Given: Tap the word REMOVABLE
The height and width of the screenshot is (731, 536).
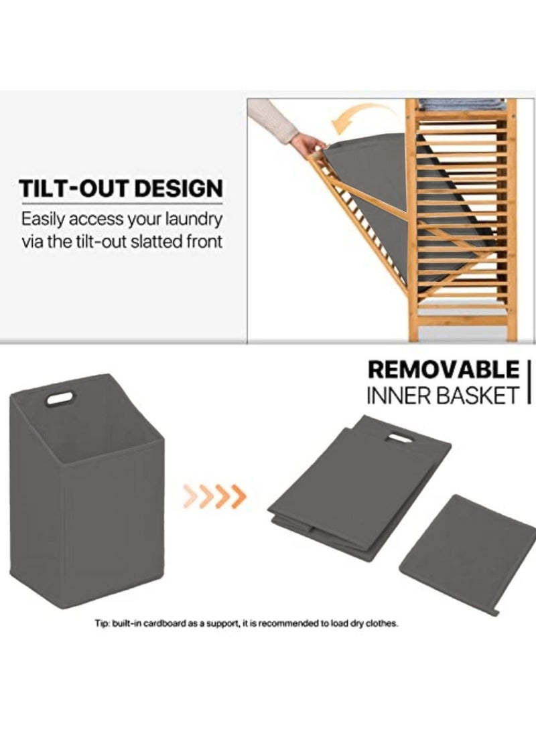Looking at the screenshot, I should (444, 369).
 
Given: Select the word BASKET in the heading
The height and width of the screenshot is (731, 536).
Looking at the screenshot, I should (479, 394).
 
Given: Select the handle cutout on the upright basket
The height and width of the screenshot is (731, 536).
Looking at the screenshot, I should (60, 399).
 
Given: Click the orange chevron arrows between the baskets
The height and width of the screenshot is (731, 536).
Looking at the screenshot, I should (214, 496).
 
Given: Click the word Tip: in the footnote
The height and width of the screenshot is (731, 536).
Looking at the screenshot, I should (102, 623).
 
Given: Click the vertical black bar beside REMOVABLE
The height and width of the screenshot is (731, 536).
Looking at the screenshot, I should (530, 381).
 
